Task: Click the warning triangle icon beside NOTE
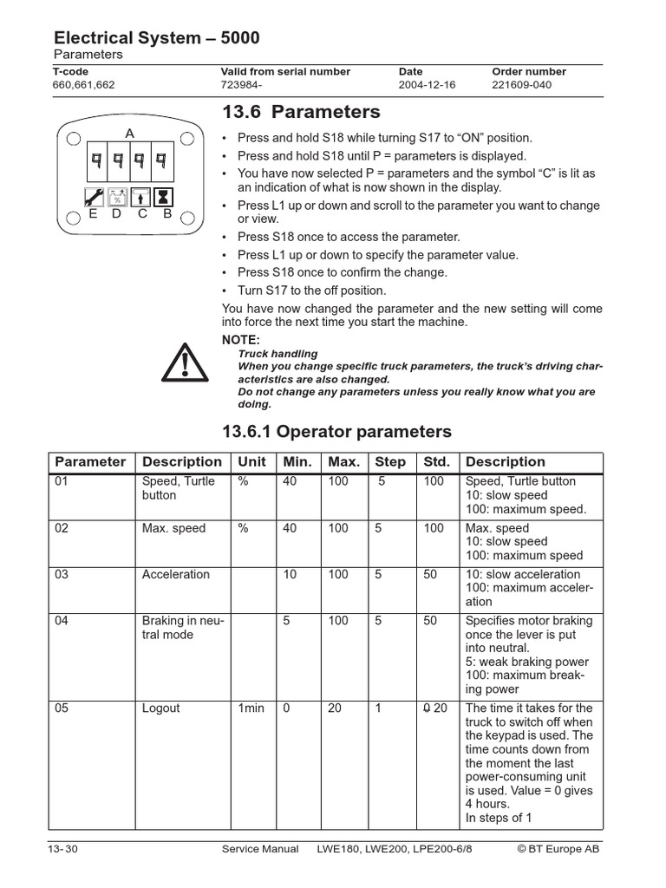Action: [185, 363]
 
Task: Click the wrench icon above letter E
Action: [93, 196]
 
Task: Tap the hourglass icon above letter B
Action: [166, 196]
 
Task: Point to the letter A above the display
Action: [130, 134]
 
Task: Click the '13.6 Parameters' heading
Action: [301, 112]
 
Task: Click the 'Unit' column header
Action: [251, 462]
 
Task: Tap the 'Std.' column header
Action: [434, 462]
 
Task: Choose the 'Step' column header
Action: [389, 462]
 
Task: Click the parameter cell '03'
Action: [62, 574]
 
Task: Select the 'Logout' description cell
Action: [160, 708]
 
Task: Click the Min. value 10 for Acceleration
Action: [290, 574]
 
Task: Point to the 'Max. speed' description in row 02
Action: [173, 528]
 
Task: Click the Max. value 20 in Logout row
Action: [334, 708]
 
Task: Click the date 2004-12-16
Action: [427, 85]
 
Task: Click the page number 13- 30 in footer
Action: [63, 849]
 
